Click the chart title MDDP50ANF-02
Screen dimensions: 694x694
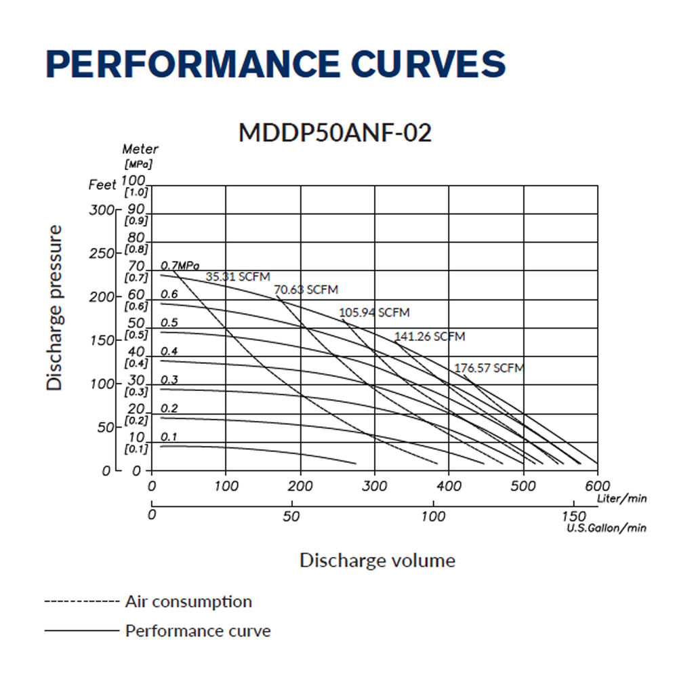pos(335,133)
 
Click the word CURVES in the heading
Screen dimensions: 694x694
pos(428,64)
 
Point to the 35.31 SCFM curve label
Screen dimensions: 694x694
pos(238,277)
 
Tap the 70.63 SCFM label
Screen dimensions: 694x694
pos(306,290)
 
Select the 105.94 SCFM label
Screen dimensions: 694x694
pos(374,312)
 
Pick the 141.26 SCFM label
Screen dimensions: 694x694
pos(430,336)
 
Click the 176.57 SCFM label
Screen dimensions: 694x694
pos(489,368)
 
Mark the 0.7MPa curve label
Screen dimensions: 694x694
pos(180,265)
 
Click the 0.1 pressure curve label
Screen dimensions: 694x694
pos(168,436)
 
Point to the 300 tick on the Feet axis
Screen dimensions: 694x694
pos(102,210)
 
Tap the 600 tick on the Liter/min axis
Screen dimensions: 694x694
pos(598,487)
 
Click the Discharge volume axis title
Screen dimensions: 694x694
pos(377,560)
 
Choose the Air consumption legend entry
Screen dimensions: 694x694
pos(188,601)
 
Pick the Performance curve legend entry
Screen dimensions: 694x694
pos(197,631)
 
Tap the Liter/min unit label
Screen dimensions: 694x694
pos(621,499)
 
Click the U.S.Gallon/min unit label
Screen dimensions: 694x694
pos(607,528)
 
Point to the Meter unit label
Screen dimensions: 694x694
pos(140,149)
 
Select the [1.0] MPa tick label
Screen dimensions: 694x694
pos(136,192)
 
